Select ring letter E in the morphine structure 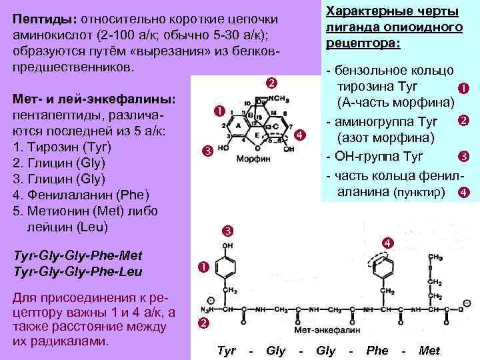tap(257, 135)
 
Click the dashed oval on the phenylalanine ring tap(383, 267)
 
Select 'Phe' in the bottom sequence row tap(377, 351)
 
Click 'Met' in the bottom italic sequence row tap(429, 351)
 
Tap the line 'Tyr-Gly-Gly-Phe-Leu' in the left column tap(77, 271)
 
